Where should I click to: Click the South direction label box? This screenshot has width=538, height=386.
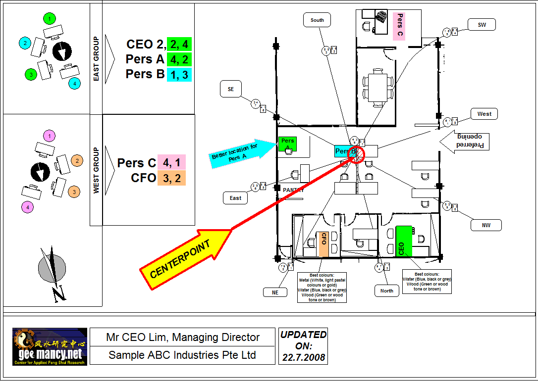coord(317,20)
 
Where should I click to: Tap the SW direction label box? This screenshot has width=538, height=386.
coord(482,25)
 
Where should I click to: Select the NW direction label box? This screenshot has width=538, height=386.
coord(486,226)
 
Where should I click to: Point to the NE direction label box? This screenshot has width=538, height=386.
coord(275,292)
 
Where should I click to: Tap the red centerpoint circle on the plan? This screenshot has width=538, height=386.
coord(357,153)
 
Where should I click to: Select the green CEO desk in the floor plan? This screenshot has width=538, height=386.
coord(404,241)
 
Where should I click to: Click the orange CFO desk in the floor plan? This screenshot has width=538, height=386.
coord(323,244)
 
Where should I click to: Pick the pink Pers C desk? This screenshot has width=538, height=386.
coord(399,26)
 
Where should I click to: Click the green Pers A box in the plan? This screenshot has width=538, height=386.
coord(287,144)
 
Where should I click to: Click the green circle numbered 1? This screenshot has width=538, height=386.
coord(49,19)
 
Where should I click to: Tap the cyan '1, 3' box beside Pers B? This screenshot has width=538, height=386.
coord(179,74)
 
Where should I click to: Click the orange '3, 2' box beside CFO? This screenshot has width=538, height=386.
coord(171,178)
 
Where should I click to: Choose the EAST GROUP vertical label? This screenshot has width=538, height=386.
coord(96,58)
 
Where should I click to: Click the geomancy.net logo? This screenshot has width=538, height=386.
coord(50,346)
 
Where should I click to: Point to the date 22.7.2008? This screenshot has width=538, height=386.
coord(303,357)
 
